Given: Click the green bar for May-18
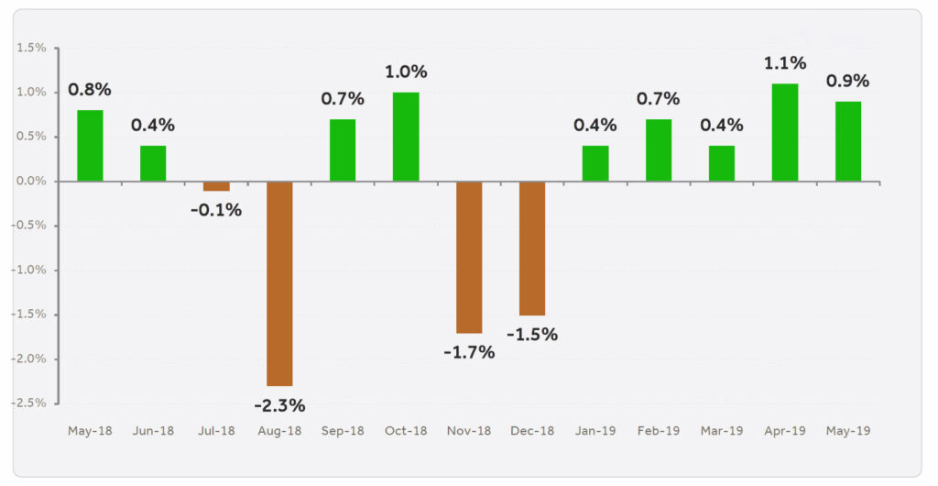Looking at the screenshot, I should pyautogui.click(x=90, y=146).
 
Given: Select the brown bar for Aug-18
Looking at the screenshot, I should pyautogui.click(x=279, y=283).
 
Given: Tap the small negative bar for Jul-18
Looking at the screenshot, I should pyautogui.click(x=216, y=186).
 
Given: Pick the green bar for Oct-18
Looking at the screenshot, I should pyautogui.click(x=406, y=137).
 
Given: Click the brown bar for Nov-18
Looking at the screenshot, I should pyautogui.click(x=469, y=257).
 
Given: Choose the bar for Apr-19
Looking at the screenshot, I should pyautogui.click(x=785, y=132).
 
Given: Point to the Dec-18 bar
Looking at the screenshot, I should pyautogui.click(x=532, y=249).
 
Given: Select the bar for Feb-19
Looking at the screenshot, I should pyautogui.click(x=659, y=150).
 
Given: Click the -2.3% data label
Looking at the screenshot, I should pyautogui.click(x=279, y=404).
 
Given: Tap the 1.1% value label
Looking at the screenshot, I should pyautogui.click(x=785, y=63).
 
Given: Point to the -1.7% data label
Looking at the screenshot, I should pyautogui.click(x=469, y=351).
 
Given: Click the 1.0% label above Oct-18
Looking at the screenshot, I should pyautogui.click(x=406, y=72).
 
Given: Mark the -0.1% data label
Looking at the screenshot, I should pyautogui.click(x=216, y=210).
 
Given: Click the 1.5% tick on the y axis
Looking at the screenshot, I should pyautogui.click(x=32, y=48).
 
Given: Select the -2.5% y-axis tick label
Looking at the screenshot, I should pyautogui.click(x=30, y=403).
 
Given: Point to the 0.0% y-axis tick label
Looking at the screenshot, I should pyautogui.click(x=32, y=182).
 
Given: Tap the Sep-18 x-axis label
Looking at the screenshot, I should pyautogui.click(x=343, y=430).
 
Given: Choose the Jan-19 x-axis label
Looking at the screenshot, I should pyautogui.click(x=595, y=430).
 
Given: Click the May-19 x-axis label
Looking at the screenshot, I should pyautogui.click(x=848, y=430).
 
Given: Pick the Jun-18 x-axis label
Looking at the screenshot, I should pyautogui.click(x=153, y=430).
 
